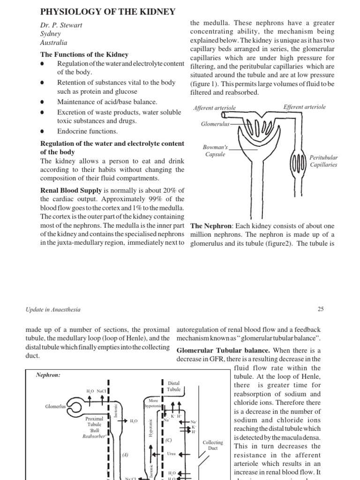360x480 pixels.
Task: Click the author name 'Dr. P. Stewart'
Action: tap(61, 25)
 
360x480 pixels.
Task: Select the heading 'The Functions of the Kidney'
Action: tap(84, 55)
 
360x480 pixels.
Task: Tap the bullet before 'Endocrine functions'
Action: tap(43, 132)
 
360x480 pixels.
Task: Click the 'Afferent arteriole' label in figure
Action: tap(215, 108)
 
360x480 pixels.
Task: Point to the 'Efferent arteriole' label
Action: tap(304, 107)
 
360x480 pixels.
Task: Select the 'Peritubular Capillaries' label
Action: tap(323, 161)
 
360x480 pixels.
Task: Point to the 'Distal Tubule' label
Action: tap(173, 386)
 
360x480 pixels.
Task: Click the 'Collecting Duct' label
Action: tap(213, 445)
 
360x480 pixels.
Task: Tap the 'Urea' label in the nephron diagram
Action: tap(172, 454)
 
